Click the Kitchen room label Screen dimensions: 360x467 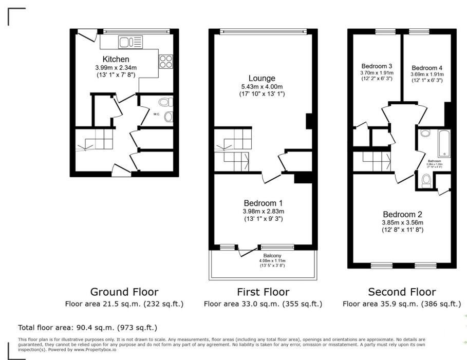point(116,59)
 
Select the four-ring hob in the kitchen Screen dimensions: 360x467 point(166,62)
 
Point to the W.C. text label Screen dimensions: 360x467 point(157,114)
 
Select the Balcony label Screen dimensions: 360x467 point(271,256)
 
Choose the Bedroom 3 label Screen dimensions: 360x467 point(377,66)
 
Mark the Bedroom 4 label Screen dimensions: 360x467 point(426,67)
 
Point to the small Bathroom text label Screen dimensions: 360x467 point(434,161)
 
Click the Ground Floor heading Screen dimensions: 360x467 point(124,292)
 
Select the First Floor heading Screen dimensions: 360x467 point(263,292)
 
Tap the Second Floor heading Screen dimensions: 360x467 point(402,292)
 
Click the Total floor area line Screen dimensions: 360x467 point(87,327)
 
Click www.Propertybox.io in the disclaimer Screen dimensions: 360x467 point(95,349)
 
